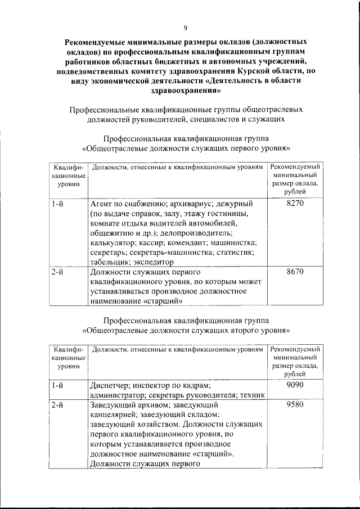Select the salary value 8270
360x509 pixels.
295,204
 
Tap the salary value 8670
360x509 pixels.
295,271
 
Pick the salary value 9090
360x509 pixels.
295,385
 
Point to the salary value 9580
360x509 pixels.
295,404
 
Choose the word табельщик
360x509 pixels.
109,262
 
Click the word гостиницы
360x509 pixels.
227,214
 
